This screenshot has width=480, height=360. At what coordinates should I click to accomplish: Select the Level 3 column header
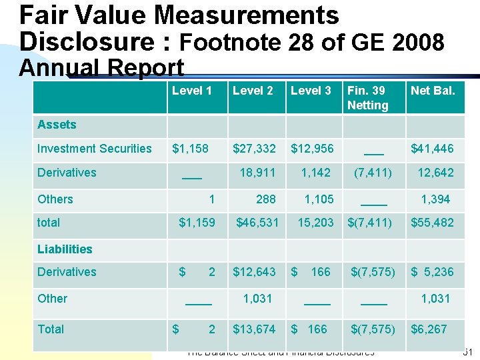pos(311,91)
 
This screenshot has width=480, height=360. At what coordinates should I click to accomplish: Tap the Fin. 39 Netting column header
pos(367,98)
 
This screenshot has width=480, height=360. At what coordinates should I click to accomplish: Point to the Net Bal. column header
pos(433,91)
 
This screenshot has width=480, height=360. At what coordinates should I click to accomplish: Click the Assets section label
pos(57,125)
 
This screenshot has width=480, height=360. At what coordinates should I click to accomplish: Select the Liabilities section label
pos(65,249)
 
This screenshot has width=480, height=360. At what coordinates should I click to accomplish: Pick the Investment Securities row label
pos(94,149)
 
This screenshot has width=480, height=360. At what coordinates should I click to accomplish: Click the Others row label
pos(55,199)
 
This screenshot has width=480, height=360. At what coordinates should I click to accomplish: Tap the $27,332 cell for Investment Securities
pos(254,149)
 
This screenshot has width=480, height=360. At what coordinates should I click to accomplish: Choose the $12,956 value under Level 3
pos(312,149)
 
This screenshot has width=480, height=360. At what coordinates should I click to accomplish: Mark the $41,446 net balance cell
pos(432,149)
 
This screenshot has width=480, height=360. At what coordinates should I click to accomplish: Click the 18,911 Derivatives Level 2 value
pos(257,173)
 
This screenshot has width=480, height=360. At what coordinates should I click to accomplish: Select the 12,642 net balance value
pos(435,173)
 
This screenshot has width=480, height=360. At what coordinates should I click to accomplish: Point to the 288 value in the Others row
pos(266,199)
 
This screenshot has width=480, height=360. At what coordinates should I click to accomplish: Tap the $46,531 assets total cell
pos(257,223)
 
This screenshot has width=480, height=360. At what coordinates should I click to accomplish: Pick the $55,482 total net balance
pos(432,223)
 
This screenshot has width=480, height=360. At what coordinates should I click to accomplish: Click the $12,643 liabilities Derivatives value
pos(254,272)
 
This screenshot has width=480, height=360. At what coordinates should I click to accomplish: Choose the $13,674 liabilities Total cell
pos(254,329)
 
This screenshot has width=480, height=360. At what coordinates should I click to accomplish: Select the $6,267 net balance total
pos(429,329)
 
